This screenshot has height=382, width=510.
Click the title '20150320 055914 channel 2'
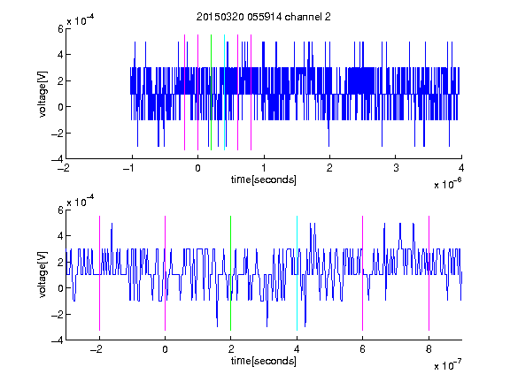click(264, 17)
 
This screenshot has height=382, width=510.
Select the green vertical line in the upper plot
click(211, 93)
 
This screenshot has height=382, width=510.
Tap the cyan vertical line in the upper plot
click(224, 93)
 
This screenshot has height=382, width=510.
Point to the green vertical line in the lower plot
click(230, 273)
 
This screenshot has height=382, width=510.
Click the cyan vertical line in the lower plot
click(297, 273)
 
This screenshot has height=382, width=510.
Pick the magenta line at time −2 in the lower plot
click(99, 273)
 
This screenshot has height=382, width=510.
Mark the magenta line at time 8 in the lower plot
click(429, 273)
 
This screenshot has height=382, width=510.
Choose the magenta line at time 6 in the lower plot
click(363, 273)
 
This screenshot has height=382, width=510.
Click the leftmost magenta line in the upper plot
click(185, 93)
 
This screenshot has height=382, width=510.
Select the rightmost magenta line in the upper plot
click(251, 93)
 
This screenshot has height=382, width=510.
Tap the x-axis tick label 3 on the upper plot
click(396, 168)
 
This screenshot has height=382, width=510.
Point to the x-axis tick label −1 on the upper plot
click(129, 168)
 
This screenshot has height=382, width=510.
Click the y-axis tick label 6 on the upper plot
click(60, 29)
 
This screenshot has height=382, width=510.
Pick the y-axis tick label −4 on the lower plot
click(58, 340)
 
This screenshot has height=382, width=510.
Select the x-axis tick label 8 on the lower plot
click(429, 349)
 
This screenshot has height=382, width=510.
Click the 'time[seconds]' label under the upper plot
click(264, 180)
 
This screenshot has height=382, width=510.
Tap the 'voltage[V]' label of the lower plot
click(42, 274)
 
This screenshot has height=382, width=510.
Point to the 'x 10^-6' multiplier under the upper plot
click(448, 184)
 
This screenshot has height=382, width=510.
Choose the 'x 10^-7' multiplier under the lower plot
click(448, 365)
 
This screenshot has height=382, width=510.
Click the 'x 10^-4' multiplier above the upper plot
click(81, 20)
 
